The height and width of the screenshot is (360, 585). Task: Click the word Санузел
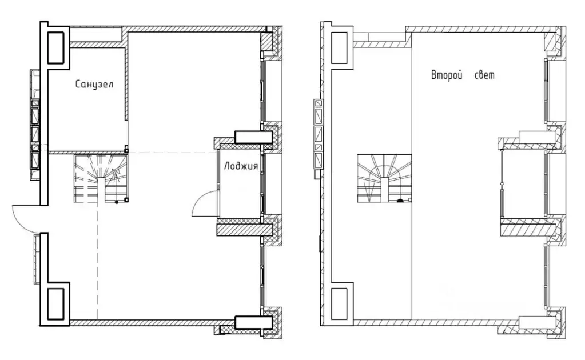click(x=94, y=84)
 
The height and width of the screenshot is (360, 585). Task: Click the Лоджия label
click(x=241, y=166)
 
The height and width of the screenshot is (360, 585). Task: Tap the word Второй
click(x=447, y=75)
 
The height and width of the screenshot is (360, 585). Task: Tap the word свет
click(x=484, y=75)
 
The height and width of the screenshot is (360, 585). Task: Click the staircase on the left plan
click(x=101, y=178)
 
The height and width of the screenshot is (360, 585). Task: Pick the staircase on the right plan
click(x=384, y=178)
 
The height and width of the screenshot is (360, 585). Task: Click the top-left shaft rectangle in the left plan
click(x=56, y=47)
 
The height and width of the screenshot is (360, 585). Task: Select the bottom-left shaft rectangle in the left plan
click(x=56, y=304)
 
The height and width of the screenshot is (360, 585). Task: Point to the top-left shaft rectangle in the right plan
click(x=340, y=47)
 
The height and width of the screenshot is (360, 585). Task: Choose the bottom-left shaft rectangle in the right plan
click(x=340, y=304)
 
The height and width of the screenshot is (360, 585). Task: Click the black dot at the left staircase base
click(x=117, y=202)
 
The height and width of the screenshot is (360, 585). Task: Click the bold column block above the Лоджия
click(x=253, y=137)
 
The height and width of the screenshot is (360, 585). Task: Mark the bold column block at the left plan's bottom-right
click(x=253, y=322)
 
